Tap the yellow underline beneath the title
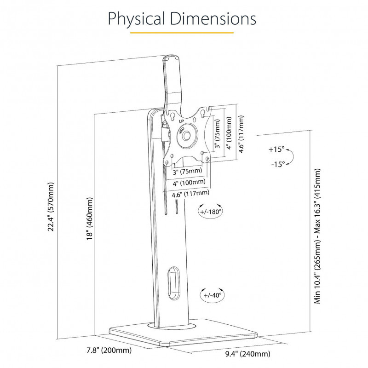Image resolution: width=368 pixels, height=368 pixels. pos(182,33)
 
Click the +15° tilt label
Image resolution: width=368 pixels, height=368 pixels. pos(277,149)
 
